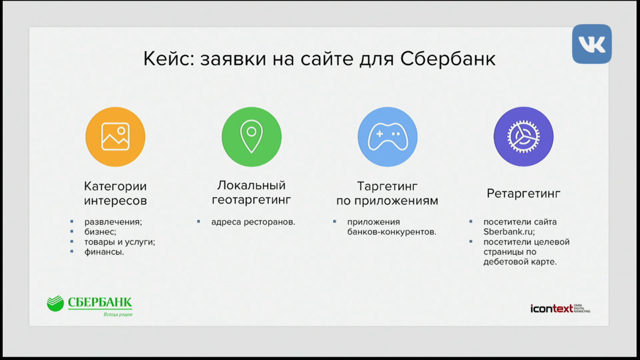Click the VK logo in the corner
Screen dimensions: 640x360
[x=591, y=44]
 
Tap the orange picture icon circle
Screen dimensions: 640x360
[x=115, y=137]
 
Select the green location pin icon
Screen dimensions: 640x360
[x=251, y=137]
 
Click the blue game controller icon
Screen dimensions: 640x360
[x=387, y=137]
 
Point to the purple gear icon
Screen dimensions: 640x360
[x=523, y=137]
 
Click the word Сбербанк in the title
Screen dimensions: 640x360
[x=447, y=59]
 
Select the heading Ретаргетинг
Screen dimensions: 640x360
[x=523, y=194]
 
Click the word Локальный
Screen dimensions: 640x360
[x=251, y=186]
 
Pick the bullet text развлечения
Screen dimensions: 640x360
[x=113, y=222]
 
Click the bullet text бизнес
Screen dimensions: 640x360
[x=100, y=231]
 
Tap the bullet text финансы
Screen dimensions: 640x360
[x=105, y=252]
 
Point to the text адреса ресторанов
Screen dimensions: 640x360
[x=253, y=222]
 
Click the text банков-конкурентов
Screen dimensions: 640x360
[x=391, y=232]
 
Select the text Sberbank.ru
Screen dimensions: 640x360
[x=509, y=231]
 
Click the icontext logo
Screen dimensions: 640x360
[x=561, y=309]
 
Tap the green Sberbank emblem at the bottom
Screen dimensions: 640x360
[x=55, y=303]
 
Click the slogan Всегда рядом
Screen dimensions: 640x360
[x=118, y=315]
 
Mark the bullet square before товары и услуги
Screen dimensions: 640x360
[x=71, y=242]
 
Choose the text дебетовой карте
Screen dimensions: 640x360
[x=520, y=262]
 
